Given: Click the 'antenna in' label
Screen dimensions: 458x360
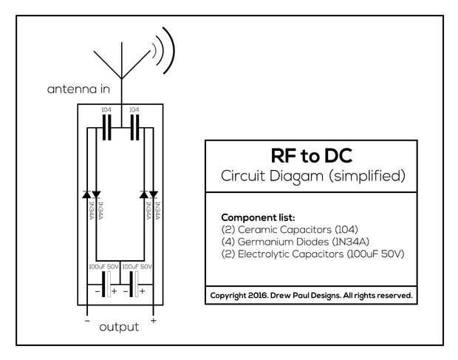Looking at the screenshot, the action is point(78,89).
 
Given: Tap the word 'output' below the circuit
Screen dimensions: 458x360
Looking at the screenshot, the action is point(119,327).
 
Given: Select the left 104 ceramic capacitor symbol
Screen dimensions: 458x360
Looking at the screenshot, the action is point(106,127).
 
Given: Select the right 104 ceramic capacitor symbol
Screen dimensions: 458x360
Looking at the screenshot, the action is point(134,127).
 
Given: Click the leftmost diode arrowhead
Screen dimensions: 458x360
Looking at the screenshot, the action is point(86,194).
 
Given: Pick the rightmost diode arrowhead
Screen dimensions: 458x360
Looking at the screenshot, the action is point(154,194).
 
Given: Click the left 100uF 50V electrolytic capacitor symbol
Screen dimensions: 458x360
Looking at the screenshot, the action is point(106,285).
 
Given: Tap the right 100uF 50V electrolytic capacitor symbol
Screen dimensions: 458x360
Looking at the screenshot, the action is point(134,285).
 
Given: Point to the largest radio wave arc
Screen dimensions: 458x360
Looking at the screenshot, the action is point(170,50).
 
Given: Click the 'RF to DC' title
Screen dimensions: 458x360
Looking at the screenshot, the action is point(312,155).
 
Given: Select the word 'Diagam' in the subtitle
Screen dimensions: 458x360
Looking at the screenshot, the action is point(296,176).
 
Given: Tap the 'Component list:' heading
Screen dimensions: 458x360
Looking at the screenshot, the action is point(259,217).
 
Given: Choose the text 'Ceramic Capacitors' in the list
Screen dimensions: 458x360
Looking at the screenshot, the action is point(284,230).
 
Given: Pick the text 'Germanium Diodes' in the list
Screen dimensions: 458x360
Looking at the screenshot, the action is point(284,242).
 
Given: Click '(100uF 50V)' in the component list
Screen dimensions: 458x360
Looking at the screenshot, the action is point(375,254).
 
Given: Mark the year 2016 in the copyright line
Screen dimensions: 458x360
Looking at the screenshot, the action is point(258,296).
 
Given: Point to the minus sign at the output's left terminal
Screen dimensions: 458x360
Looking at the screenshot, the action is point(87,321).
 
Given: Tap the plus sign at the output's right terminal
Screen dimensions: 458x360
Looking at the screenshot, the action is point(154,321).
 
